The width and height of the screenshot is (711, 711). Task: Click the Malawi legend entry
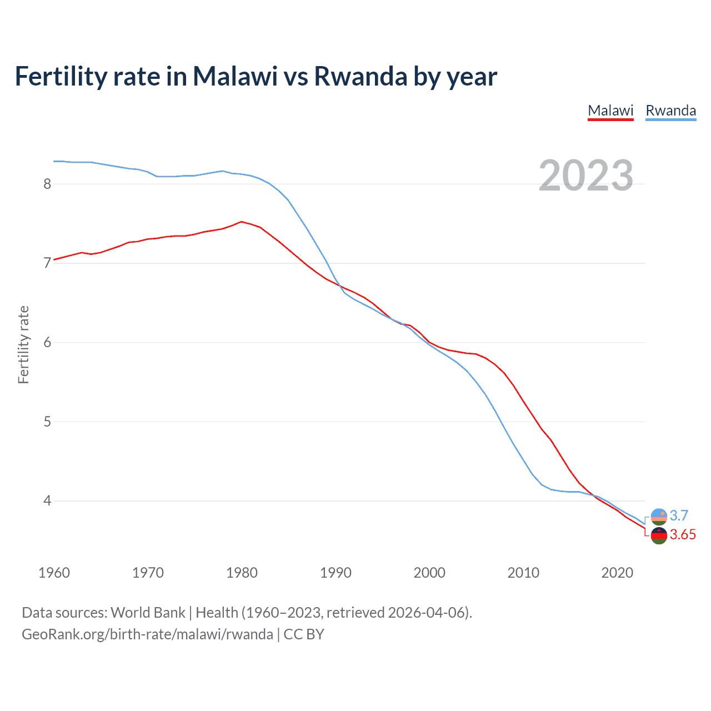coord(610,111)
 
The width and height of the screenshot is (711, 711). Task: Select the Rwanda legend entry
coord(670,111)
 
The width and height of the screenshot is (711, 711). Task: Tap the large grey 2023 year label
coord(586,176)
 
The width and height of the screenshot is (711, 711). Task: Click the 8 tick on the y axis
coord(47,184)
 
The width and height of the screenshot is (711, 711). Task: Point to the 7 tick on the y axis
coord(47,263)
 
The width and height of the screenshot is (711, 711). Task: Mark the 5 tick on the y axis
coord(47,422)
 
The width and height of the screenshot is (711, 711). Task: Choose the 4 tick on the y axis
coord(47,501)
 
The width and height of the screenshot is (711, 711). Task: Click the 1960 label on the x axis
coord(54,573)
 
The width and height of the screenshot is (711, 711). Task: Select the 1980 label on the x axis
coord(242,573)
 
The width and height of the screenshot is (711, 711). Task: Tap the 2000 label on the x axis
coord(429,573)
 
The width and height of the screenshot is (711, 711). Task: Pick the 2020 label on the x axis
coord(617,573)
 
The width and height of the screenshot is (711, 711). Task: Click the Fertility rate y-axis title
coord(23,344)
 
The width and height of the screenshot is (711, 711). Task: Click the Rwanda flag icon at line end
coord(659,517)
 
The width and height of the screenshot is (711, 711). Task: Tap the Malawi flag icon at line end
coord(659,536)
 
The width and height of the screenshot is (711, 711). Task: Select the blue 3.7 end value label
coord(679,515)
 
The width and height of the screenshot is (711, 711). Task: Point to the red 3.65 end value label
coord(683,535)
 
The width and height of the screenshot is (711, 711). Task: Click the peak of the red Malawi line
coord(241,222)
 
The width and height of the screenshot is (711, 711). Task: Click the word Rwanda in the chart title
coord(360,77)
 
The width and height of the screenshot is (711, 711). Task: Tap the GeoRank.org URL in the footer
coord(147,634)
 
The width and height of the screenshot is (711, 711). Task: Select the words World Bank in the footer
coord(148,613)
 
